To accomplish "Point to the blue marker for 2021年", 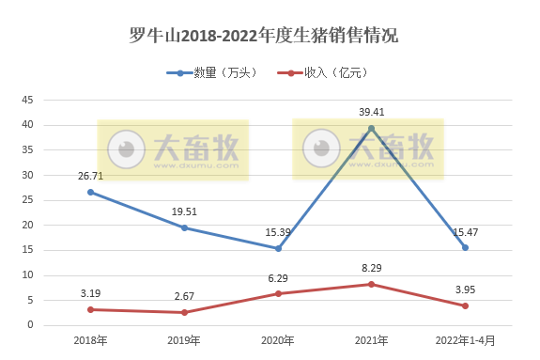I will pyautogui.click(x=372, y=129).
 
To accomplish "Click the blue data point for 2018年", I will pyautogui.click(x=91, y=192).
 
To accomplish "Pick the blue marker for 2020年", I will pyautogui.click(x=278, y=248).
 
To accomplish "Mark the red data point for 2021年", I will pyautogui.click(x=372, y=284).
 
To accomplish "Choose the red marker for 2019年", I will pyautogui.click(x=185, y=312).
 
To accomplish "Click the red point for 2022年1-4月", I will pyautogui.click(x=465, y=305).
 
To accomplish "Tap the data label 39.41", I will pyautogui.click(x=372, y=112).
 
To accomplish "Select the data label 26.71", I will pyautogui.click(x=91, y=175).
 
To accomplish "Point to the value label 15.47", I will pyautogui.click(x=465, y=231).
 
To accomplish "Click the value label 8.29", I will pyautogui.click(x=372, y=267).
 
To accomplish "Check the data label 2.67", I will pyautogui.click(x=185, y=295).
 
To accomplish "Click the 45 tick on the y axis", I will pyautogui.click(x=27, y=100).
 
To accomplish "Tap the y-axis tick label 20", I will pyautogui.click(x=27, y=226).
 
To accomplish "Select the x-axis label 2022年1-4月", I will pyautogui.click(x=465, y=340).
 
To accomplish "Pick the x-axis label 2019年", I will pyautogui.click(x=185, y=340).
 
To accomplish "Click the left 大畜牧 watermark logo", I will pyautogui.click(x=173, y=149).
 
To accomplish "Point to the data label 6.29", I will pyautogui.click(x=278, y=277).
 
